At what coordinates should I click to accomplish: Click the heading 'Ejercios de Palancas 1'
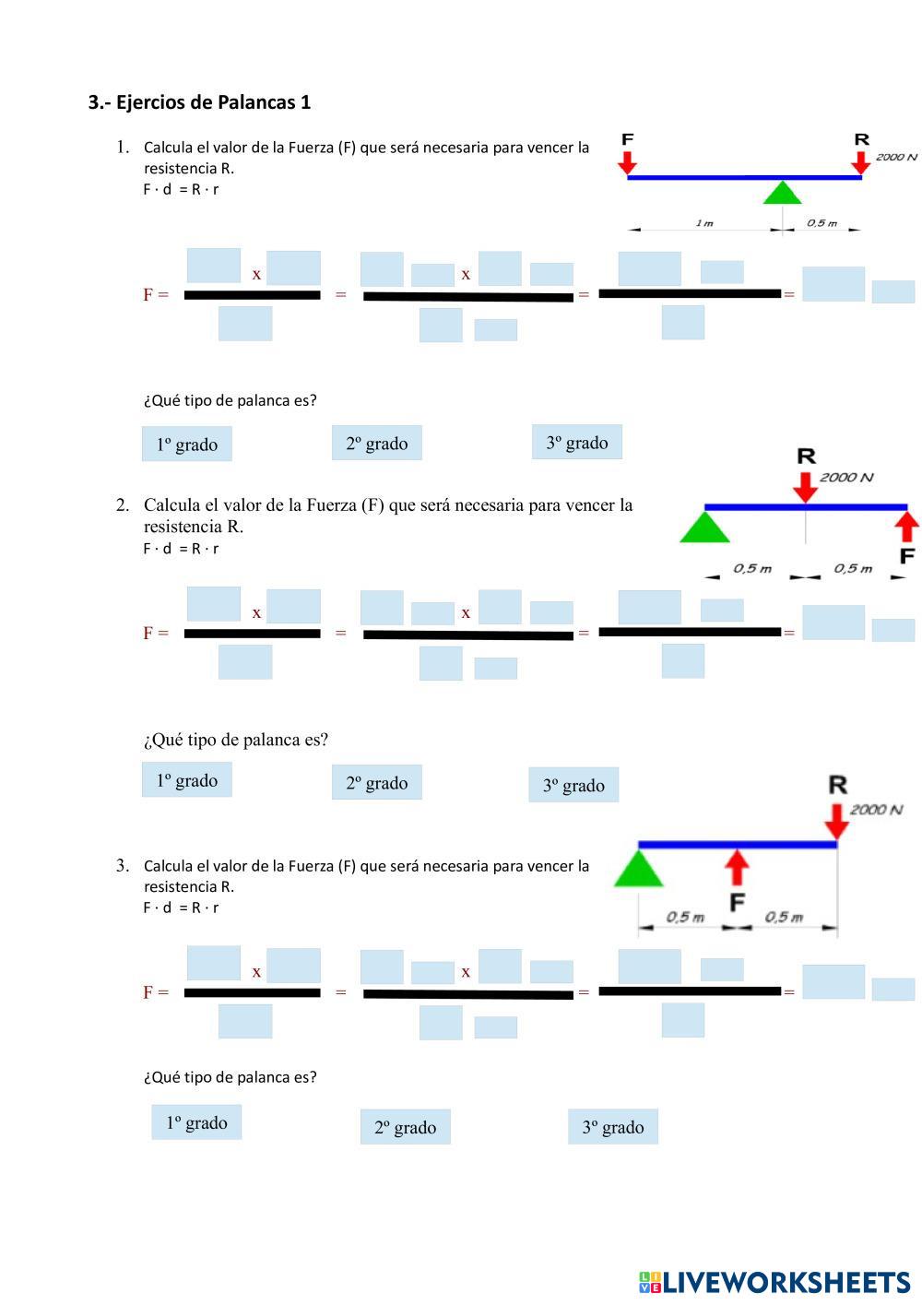pos(213,102)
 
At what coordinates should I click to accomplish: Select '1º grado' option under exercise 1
pos(187,444)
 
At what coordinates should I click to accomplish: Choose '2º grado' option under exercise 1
pos(377,443)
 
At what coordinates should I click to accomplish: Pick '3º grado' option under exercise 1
pos(576,442)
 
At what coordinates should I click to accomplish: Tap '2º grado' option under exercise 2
pos(377,782)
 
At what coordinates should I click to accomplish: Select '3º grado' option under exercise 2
pos(573,785)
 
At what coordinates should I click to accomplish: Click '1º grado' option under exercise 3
pos(197,1122)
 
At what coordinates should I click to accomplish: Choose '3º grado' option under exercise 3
pos(613,1127)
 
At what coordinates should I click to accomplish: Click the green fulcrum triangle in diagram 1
pos(782,192)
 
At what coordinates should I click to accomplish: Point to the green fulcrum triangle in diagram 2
pos(704,527)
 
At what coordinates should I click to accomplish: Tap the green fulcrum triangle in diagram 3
pos(639,868)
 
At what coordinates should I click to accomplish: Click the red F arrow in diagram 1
pos(627,163)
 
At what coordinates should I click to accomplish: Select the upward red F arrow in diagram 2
pos(907,526)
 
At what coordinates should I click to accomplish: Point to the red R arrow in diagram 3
pos(837,822)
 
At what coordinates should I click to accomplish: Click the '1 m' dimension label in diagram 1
pos(704,223)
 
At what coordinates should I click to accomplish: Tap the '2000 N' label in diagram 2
pos(846,478)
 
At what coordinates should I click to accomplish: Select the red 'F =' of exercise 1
pos(156,295)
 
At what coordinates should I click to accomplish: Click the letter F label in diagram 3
pos(738,902)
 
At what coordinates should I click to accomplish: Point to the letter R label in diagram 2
pos(807,457)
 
